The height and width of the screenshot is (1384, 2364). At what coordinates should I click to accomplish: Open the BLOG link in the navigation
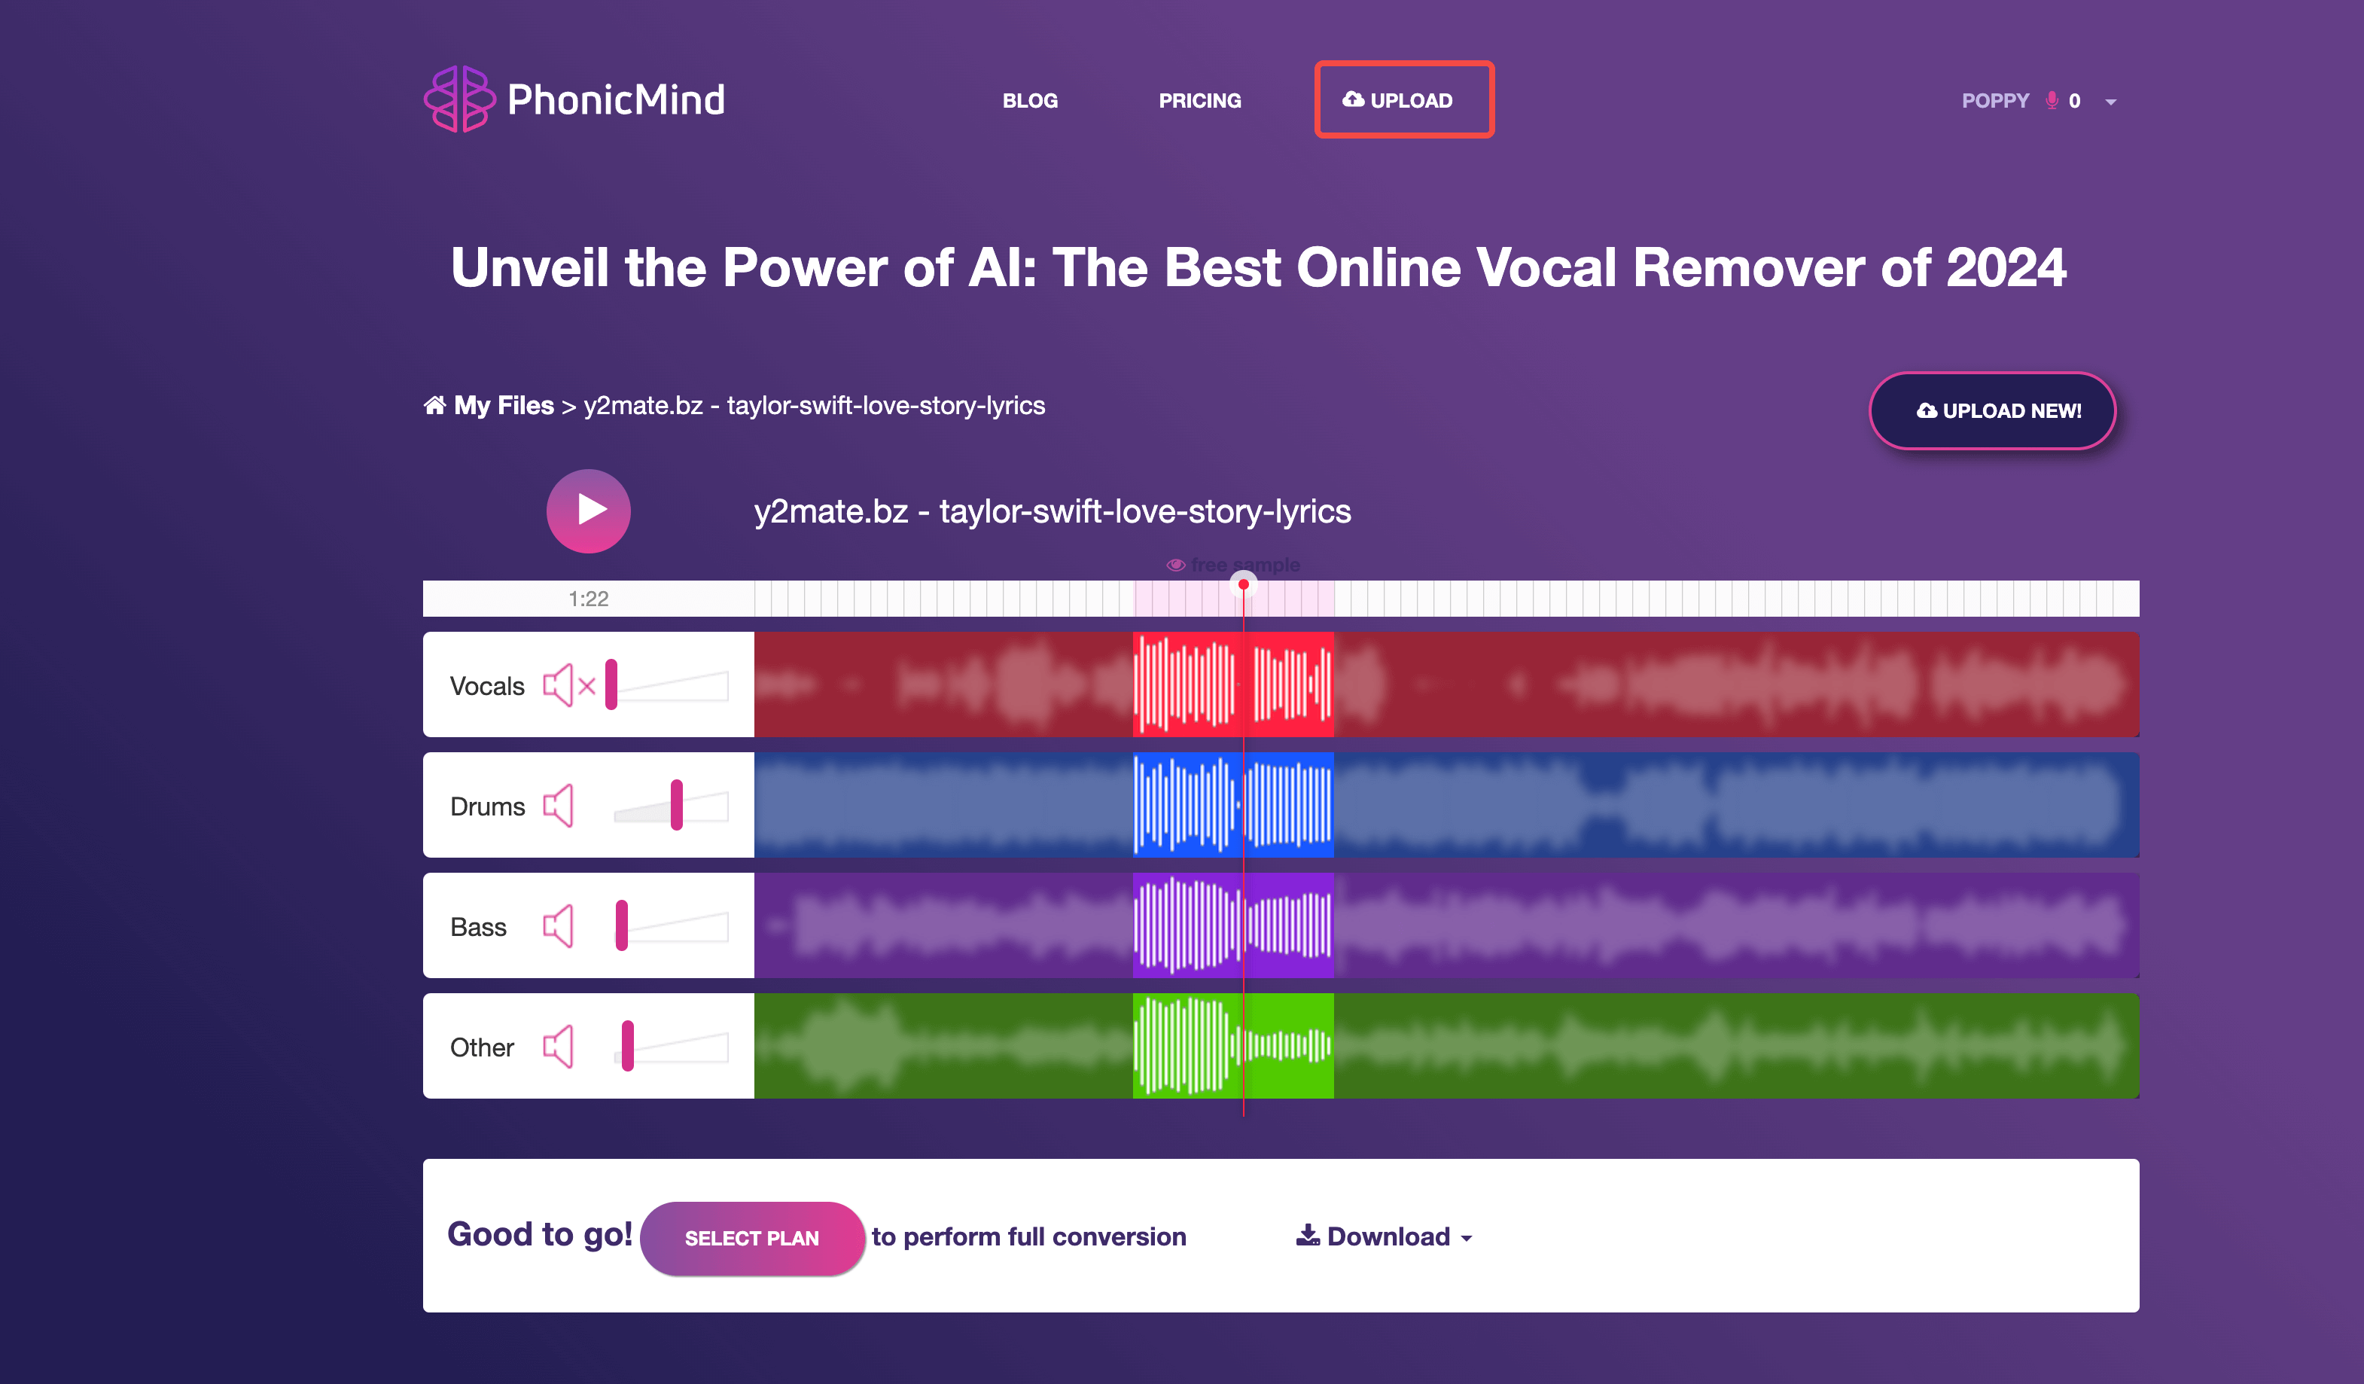click(1030, 100)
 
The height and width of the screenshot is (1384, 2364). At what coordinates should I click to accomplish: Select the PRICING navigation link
click(1200, 100)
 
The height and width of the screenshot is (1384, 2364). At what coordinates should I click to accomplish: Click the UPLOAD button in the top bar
click(1403, 99)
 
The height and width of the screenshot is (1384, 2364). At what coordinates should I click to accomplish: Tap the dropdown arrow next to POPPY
click(2111, 102)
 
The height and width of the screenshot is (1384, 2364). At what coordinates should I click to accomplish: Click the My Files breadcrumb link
click(503, 405)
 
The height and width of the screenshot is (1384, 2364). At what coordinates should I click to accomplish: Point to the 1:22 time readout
click(588, 599)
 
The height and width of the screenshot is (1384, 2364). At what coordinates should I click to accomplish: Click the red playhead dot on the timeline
click(1243, 584)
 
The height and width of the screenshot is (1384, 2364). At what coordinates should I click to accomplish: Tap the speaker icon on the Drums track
click(559, 806)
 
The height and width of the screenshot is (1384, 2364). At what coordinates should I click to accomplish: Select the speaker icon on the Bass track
click(559, 926)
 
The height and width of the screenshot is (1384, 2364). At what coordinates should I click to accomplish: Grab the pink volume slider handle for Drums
click(676, 805)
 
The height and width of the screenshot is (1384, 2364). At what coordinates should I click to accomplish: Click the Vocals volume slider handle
click(611, 685)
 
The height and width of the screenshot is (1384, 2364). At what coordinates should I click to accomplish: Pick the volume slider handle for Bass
click(621, 925)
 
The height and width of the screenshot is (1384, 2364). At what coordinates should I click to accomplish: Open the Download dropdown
click(1385, 1236)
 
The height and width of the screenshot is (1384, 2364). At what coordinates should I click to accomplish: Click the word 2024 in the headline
click(2006, 268)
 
